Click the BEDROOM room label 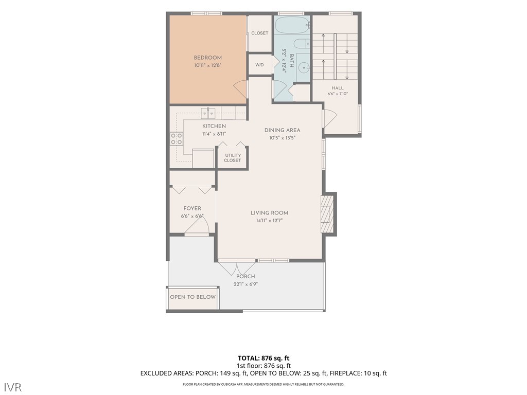pyautogui.click(x=208, y=58)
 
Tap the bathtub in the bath pyautogui.click(x=292, y=25)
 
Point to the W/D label pyautogui.click(x=259, y=65)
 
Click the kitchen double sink pyautogui.click(x=208, y=113)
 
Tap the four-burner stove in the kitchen pyautogui.click(x=177, y=139)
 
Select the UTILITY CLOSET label pyautogui.click(x=233, y=158)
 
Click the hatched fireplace pyautogui.click(x=327, y=214)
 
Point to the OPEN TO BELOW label pyautogui.click(x=192, y=297)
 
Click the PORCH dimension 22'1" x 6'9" pyautogui.click(x=245, y=284)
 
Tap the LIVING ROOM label pyautogui.click(x=270, y=212)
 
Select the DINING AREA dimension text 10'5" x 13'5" pyautogui.click(x=283, y=138)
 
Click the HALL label pyautogui.click(x=338, y=88)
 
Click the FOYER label pyautogui.click(x=192, y=208)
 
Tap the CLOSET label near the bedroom pyautogui.click(x=260, y=33)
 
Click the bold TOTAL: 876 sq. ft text pyautogui.click(x=263, y=358)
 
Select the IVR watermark pyautogui.click(x=13, y=387)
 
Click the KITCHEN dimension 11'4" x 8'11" pyautogui.click(x=214, y=134)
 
